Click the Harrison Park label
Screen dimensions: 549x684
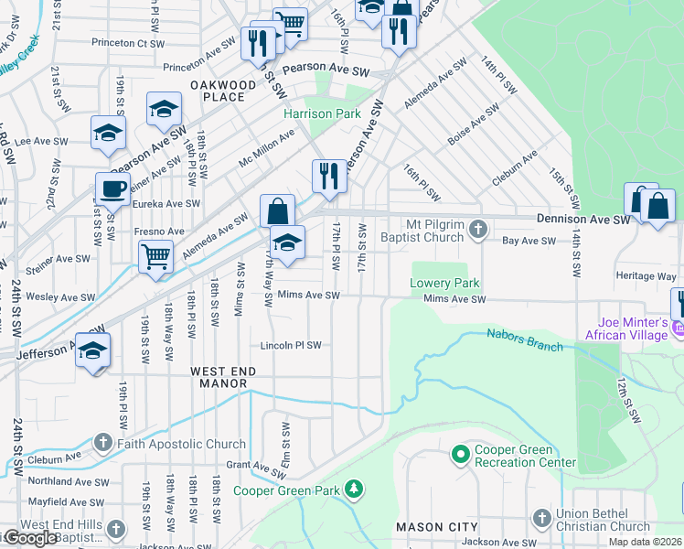322,114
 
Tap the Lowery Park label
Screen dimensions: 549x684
444,283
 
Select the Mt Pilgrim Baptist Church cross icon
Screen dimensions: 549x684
477,231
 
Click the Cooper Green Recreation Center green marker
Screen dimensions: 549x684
460,453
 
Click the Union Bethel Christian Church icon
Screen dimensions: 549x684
542,519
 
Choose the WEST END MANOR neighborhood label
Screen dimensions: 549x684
219,377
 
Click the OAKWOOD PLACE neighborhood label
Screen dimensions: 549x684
223,91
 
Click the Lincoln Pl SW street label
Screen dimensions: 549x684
291,346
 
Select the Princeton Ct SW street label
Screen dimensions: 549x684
127,43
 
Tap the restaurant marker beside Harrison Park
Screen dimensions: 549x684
328,176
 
